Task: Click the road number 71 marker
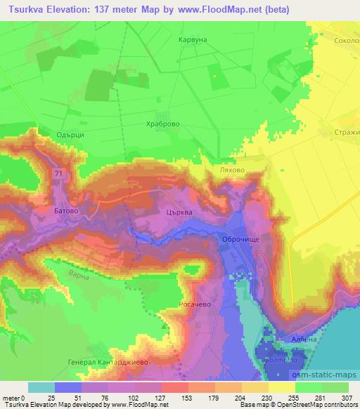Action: [56, 171]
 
